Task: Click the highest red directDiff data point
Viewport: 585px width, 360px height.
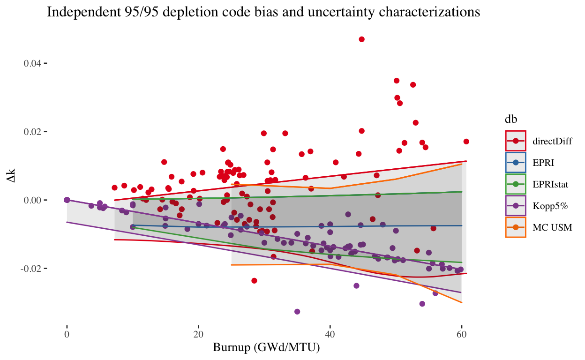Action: (361, 39)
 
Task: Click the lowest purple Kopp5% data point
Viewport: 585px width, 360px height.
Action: (297, 312)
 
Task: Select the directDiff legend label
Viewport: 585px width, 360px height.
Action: (552, 141)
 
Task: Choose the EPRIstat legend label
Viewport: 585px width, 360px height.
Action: (550, 184)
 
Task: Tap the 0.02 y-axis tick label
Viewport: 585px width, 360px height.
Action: (32, 132)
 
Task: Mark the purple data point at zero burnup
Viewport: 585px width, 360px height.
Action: (67, 200)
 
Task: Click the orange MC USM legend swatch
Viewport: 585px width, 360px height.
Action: (516, 227)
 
